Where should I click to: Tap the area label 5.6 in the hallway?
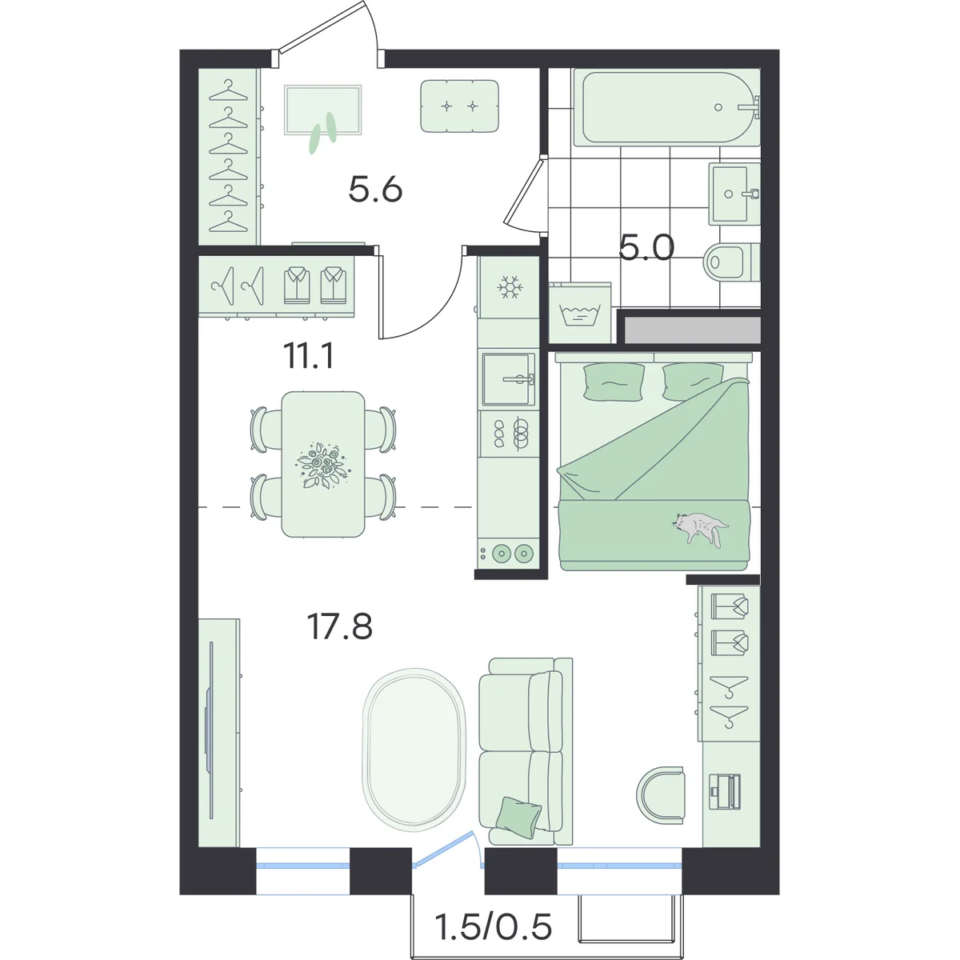375,190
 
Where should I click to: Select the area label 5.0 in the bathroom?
646,247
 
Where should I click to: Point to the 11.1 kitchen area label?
308,356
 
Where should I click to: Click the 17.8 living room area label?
340,626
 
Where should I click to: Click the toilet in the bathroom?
731,261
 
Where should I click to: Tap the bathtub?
666,107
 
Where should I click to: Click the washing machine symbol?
580,314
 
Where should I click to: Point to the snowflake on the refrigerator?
508,287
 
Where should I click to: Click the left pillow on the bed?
614,382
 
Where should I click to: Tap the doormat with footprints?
323,110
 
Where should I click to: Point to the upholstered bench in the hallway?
459,106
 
